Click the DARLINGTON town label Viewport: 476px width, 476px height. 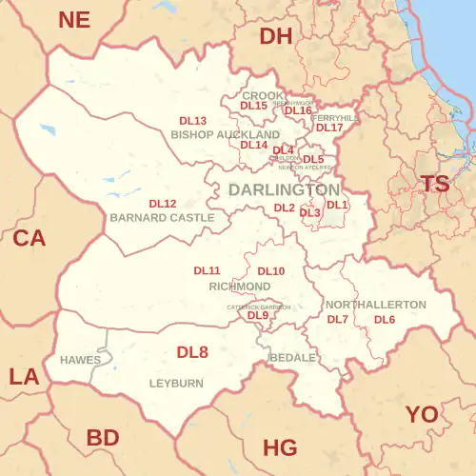(x=284, y=190)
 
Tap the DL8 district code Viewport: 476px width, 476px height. (x=192, y=352)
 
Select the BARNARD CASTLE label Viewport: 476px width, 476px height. (x=162, y=218)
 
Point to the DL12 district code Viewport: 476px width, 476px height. (x=163, y=204)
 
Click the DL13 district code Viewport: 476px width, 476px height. (x=193, y=122)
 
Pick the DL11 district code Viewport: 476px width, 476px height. (x=208, y=271)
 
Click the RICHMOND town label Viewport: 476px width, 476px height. (x=239, y=286)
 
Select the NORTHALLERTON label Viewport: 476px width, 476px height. (x=376, y=304)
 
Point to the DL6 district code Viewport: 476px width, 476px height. (x=385, y=319)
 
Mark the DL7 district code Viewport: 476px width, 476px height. (x=338, y=319)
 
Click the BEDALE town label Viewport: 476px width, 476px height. (x=292, y=357)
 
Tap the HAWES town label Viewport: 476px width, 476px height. (x=80, y=361)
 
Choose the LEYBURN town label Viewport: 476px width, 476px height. (x=176, y=383)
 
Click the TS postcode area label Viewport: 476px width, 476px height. (x=436, y=185)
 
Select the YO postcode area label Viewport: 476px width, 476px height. (x=423, y=414)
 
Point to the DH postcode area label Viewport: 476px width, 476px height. (x=276, y=36)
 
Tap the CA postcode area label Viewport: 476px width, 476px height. (x=29, y=239)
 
